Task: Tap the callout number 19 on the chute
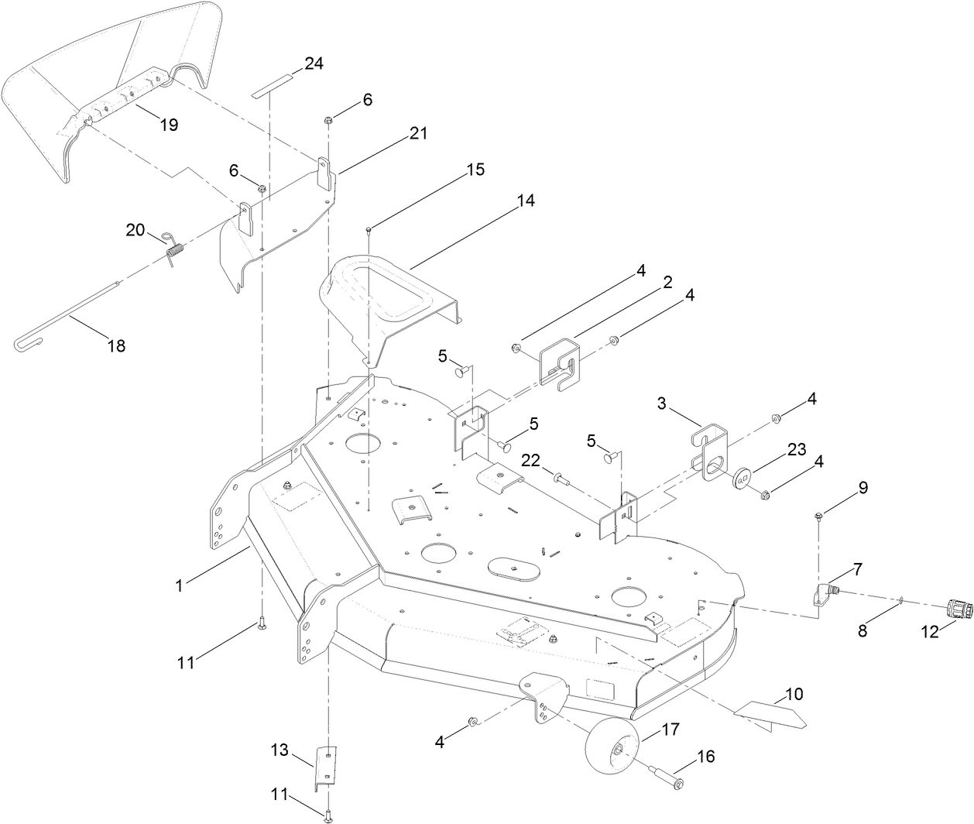point(168,124)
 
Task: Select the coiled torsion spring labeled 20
point(175,249)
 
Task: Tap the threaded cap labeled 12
point(959,609)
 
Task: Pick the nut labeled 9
point(818,516)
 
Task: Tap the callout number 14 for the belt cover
point(526,200)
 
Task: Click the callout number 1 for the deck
point(179,586)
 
